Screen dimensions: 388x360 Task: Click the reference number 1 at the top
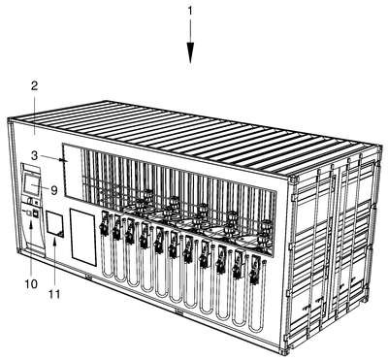190,11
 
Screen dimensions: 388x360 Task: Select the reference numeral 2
34,86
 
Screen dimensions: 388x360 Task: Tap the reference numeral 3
35,155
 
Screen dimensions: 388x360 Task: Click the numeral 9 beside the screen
54,190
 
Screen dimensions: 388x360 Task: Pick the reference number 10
31,284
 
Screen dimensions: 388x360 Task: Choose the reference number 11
54,294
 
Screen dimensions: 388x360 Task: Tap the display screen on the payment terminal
32,185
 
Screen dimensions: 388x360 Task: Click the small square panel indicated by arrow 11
55,224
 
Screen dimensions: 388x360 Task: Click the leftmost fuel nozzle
105,224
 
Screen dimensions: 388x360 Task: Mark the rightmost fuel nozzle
254,269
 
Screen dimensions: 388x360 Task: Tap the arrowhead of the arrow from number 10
31,226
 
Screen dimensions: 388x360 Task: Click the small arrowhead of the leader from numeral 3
61,159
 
